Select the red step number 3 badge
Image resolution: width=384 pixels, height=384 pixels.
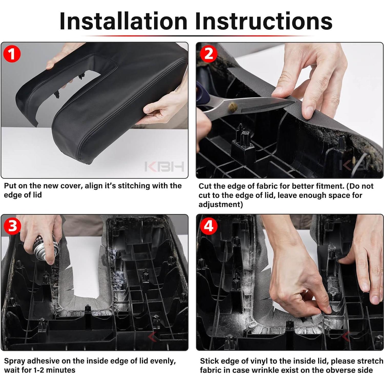coord(12,226)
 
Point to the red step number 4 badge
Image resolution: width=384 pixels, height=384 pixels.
coord(208,226)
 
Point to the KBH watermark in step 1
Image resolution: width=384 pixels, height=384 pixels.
coord(164,167)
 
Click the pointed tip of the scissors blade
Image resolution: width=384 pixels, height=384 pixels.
coord(295,102)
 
